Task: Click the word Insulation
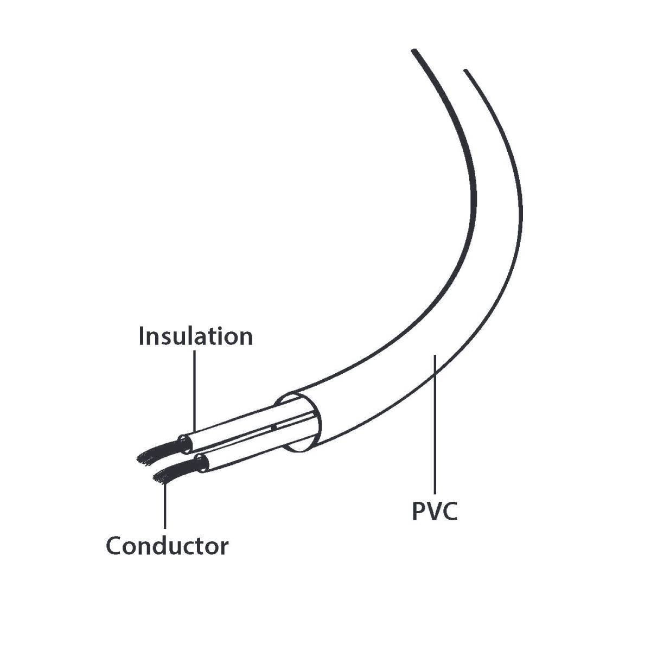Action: coord(196,336)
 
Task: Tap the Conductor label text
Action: coord(167,546)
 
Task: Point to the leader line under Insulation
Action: coord(195,392)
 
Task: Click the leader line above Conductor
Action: coord(165,506)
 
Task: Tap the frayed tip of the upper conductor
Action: coord(139,459)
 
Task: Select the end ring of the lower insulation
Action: coord(202,463)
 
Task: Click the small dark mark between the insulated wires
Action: coord(273,427)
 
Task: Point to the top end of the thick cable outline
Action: coord(414,51)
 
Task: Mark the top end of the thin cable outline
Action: coord(466,71)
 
